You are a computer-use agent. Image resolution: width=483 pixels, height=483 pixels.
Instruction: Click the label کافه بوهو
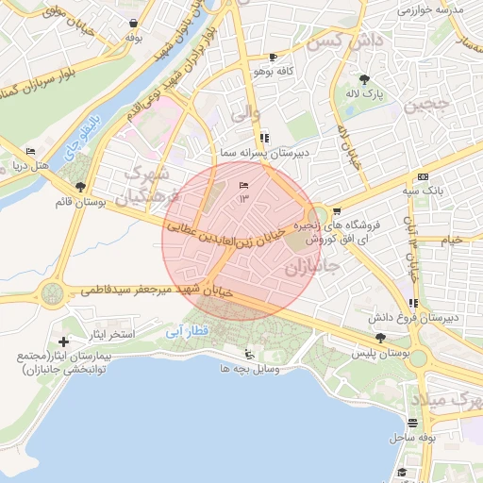click(x=274, y=71)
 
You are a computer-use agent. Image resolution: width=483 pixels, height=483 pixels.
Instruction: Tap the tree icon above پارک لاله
click(x=365, y=79)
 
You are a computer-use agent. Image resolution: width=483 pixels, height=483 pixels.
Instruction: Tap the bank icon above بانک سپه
click(x=423, y=176)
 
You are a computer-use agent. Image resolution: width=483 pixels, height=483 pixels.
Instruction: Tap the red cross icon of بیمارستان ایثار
click(x=63, y=341)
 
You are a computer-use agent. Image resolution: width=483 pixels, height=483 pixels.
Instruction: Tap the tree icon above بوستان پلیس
click(x=380, y=338)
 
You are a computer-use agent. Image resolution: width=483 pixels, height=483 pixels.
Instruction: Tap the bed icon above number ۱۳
click(x=244, y=183)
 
